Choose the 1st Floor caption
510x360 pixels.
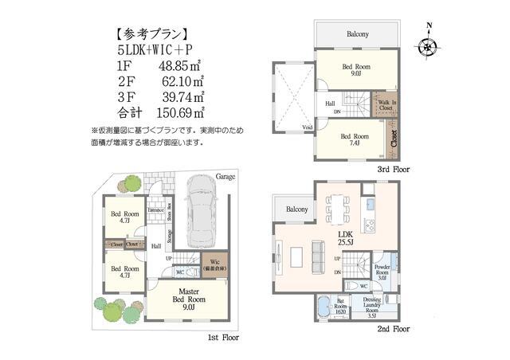(224, 338)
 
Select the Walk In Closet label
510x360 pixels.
(386, 104)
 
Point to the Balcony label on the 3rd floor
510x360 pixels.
(357, 34)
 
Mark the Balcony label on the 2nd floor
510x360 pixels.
(296, 209)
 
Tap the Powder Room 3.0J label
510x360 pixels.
(382, 272)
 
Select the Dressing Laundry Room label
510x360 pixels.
(371, 305)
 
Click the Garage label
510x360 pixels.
(225, 177)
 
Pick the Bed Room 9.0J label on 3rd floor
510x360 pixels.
(354, 71)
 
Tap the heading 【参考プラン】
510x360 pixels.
(151, 34)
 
